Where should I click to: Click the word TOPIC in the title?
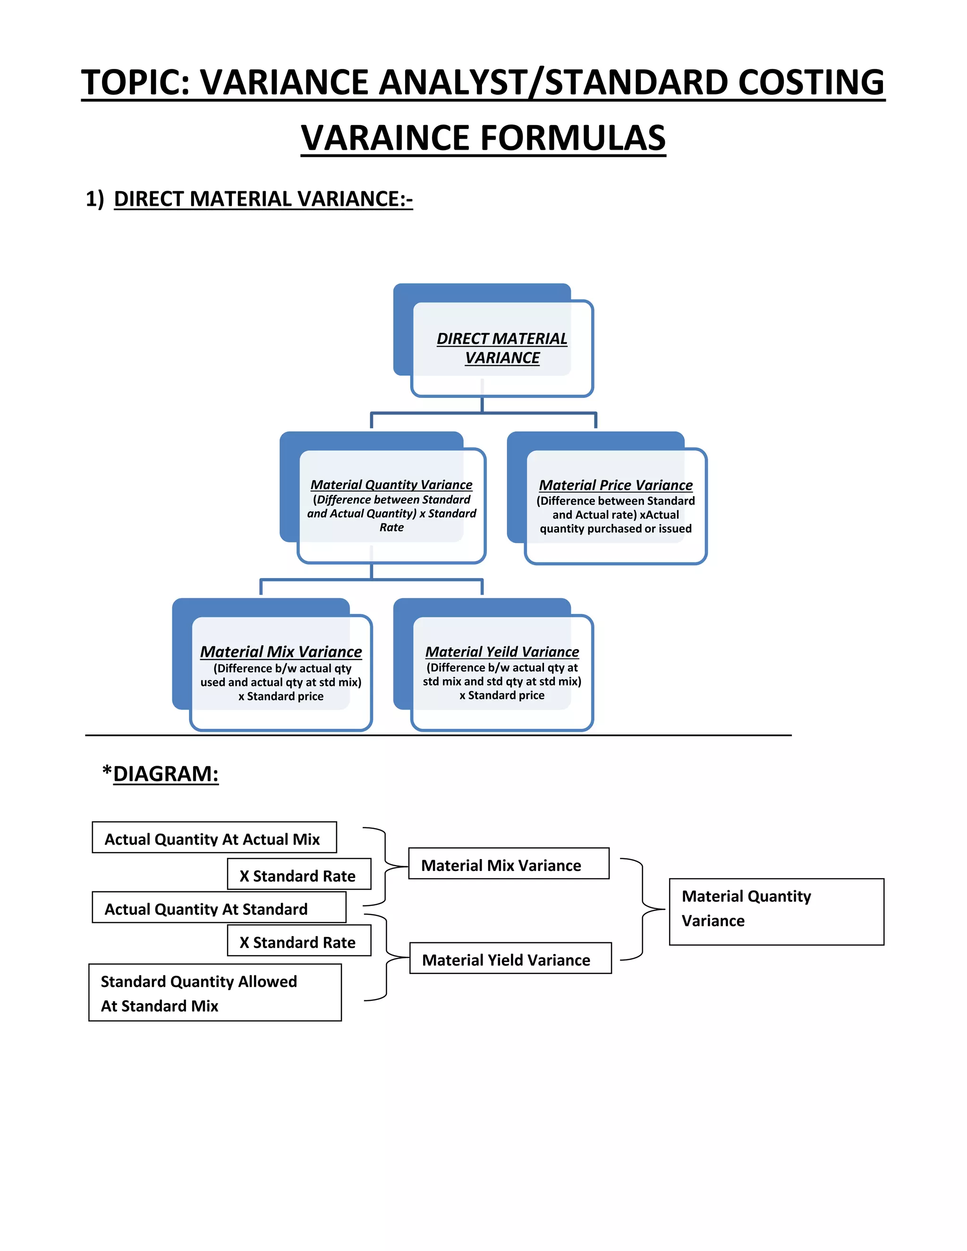pos(135,83)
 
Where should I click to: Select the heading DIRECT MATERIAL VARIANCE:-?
pos(263,199)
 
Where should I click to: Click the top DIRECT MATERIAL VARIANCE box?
pos(502,348)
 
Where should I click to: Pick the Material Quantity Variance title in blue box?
pos(391,485)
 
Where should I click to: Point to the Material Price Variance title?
pos(615,485)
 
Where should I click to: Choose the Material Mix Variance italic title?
pos(281,652)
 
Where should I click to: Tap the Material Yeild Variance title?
pos(502,652)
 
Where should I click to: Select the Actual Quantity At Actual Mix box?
pos(214,838)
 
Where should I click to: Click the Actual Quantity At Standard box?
pos(219,908)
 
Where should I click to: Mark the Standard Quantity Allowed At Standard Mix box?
pos(215,993)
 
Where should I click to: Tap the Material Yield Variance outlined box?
pos(510,959)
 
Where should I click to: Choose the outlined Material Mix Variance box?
pos(508,864)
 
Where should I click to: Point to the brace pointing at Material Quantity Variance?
pos(644,910)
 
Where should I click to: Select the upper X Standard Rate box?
pos(298,875)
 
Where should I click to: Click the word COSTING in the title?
pos(811,83)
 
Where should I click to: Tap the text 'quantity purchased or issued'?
pos(615,529)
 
